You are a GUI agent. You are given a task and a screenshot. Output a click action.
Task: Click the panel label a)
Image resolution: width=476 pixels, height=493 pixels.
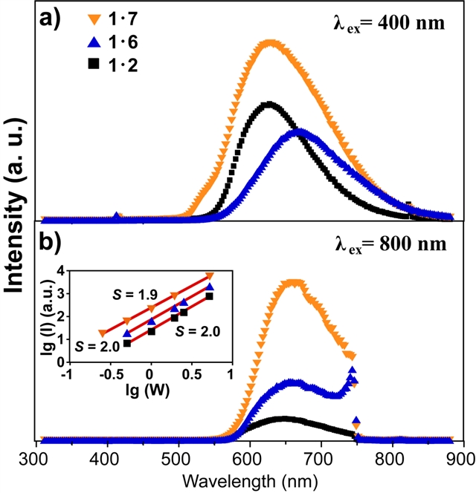click(x=51, y=16)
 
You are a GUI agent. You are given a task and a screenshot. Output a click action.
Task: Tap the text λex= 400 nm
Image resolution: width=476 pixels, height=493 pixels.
click(x=390, y=22)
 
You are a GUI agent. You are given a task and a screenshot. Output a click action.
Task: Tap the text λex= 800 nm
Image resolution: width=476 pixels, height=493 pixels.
click(x=390, y=245)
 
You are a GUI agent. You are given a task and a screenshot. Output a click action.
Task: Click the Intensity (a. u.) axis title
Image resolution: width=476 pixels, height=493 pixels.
click(x=15, y=223)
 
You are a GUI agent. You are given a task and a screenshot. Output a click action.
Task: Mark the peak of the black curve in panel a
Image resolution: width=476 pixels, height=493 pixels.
click(x=269, y=104)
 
